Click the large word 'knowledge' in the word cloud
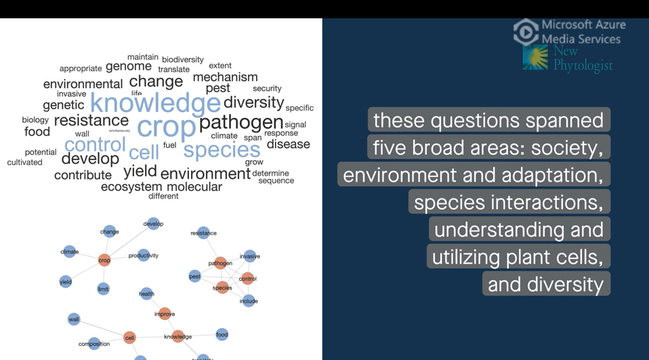tap(155, 104)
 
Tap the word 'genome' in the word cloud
tap(128, 66)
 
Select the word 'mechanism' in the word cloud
tap(225, 77)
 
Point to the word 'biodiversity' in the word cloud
tap(182, 60)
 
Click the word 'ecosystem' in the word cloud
tap(131, 186)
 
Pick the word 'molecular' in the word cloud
tap(194, 186)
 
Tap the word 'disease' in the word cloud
tap(288, 144)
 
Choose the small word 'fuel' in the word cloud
tap(169, 145)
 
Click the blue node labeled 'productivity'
tap(143, 256)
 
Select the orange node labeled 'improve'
tap(165, 314)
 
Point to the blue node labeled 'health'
tap(146, 294)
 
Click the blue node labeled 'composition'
tap(94, 344)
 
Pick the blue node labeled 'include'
tap(249, 301)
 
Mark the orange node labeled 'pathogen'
tap(220, 263)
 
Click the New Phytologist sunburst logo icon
tap(535, 58)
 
